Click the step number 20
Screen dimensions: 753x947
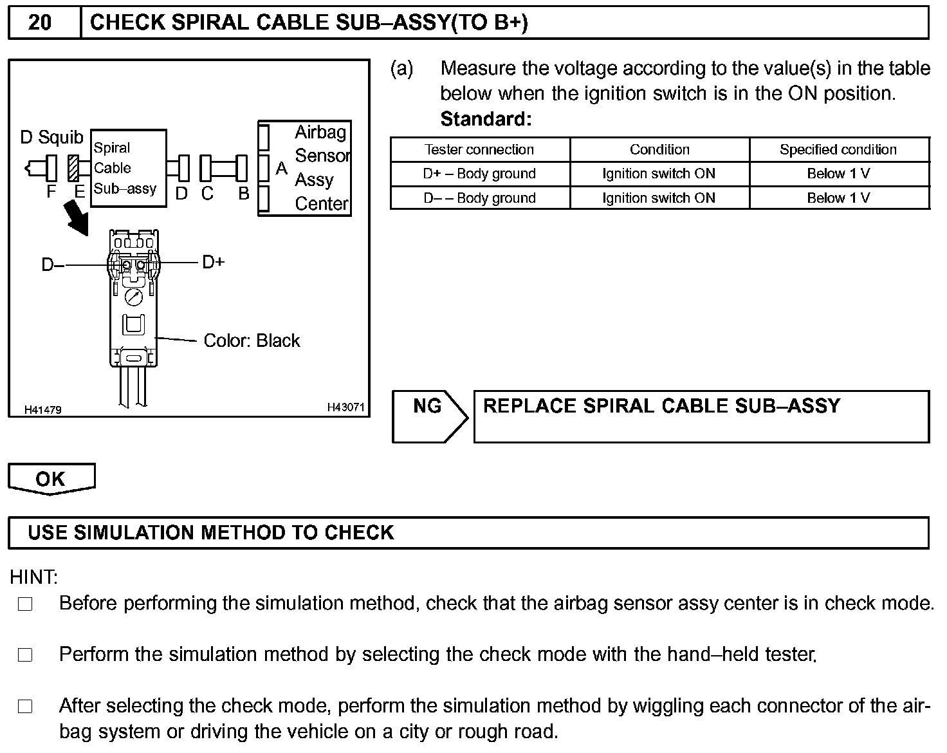(40, 23)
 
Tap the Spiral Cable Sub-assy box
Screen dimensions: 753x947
(128, 168)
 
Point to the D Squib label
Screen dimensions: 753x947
(51, 137)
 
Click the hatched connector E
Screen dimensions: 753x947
(74, 169)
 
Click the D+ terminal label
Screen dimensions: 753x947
(213, 262)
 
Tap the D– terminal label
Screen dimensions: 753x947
(52, 265)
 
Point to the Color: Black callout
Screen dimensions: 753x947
(252, 340)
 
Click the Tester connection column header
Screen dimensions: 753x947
(479, 150)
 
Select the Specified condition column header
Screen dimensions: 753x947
(838, 150)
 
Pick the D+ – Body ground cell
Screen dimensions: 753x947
(479, 174)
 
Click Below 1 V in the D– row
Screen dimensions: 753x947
(838, 198)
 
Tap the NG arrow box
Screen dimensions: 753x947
(428, 416)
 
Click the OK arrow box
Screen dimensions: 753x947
(51, 479)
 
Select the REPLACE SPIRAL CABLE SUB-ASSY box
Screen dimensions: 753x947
(701, 416)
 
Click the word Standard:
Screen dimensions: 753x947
(486, 119)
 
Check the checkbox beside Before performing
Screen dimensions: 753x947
(25, 604)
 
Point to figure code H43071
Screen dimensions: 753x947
(345, 407)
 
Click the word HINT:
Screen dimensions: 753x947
(33, 577)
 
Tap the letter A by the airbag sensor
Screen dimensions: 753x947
(281, 169)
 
